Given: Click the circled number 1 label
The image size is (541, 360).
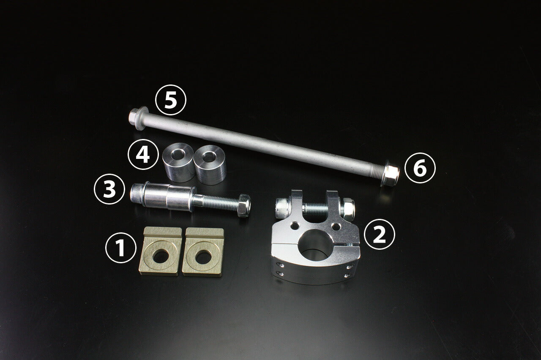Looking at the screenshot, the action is click(x=121, y=248).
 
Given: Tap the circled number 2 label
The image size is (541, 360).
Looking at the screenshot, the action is click(x=380, y=235).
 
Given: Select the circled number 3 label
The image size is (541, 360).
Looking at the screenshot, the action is click(x=109, y=189).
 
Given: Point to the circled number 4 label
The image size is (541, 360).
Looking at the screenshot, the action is click(x=143, y=154).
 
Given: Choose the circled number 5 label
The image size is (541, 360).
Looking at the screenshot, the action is click(x=171, y=100).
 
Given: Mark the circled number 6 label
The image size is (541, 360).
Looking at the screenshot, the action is click(x=420, y=168).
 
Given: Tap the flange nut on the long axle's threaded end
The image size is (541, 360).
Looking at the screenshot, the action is click(x=390, y=173).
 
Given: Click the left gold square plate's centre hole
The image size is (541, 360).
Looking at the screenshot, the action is click(x=161, y=256).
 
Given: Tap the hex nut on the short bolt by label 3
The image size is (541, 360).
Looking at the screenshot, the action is click(x=244, y=205).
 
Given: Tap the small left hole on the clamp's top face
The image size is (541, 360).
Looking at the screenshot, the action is click(x=295, y=226).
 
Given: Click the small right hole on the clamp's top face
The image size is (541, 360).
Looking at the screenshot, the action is click(x=336, y=226).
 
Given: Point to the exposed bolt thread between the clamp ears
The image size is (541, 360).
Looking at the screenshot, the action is click(x=315, y=209).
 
